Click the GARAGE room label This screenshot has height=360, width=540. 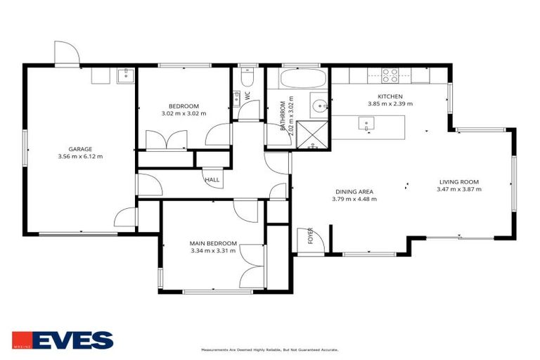80,148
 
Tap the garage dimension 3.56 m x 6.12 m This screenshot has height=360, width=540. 80,156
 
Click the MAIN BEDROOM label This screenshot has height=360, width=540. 213,243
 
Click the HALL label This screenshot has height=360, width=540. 212,179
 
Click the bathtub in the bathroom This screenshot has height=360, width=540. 299,77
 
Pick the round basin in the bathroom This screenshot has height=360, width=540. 320,108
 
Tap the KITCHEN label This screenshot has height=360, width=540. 390,96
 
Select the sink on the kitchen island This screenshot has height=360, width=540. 366,124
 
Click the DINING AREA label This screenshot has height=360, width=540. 354,191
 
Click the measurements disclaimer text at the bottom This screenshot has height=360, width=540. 270,349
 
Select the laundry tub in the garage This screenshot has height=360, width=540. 126,75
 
